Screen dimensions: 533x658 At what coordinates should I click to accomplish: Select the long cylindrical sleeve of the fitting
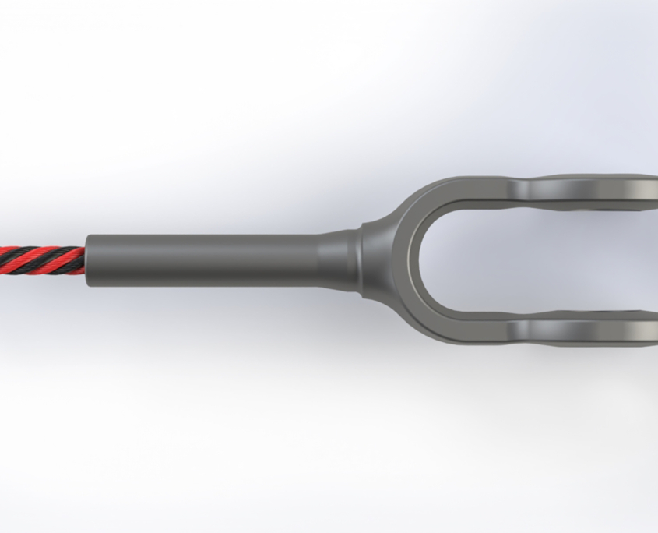click(202, 259)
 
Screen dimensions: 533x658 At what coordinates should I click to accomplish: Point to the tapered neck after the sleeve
click(339, 259)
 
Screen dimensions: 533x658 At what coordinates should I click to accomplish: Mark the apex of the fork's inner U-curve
click(421, 259)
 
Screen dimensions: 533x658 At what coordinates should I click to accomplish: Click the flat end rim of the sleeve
click(88, 259)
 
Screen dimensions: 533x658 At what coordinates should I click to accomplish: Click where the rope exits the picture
click(2, 260)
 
